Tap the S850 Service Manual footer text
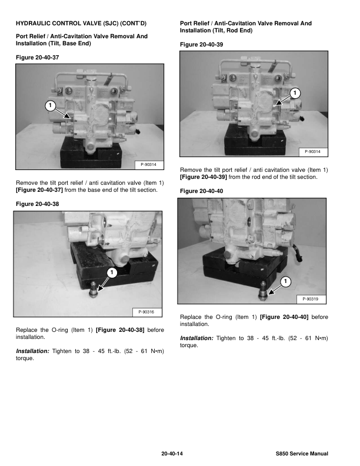coord(302,454)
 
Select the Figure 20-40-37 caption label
coord(38,57)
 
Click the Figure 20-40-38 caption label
coord(38,204)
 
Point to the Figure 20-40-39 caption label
coord(201,44)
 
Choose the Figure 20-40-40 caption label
coord(201,191)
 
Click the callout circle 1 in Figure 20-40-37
coord(50,105)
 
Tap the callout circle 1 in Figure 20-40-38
coord(111,272)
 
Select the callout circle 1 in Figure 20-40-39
coord(295,94)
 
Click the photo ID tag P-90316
coord(146,311)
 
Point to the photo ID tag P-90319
coord(311,299)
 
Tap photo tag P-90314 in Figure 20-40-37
coord(149,164)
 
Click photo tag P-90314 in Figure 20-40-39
coord(312,152)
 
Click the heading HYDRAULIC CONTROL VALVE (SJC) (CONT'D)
coord(81,24)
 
